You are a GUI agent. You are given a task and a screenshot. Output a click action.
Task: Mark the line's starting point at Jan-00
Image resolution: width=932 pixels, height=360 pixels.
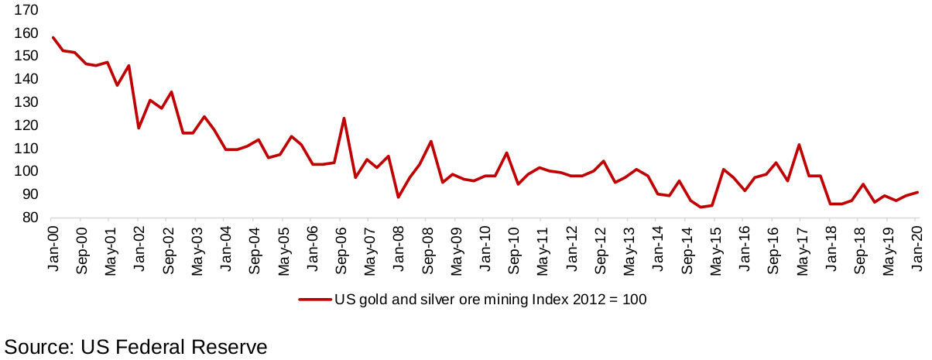[x=53, y=37]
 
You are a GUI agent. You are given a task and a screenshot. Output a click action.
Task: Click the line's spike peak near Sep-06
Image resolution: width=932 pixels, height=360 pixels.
[x=344, y=118]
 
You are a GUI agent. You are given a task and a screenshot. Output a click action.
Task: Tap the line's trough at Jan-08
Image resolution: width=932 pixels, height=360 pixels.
[x=398, y=197]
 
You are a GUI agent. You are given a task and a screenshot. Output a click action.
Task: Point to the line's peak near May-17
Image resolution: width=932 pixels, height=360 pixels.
[x=799, y=145]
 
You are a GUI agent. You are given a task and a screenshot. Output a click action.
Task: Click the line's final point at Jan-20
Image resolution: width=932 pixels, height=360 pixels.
[x=918, y=192]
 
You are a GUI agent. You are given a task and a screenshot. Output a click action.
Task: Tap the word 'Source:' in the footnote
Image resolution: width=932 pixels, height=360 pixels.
[x=39, y=346]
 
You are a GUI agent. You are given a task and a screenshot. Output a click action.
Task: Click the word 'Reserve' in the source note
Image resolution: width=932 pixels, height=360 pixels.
[x=228, y=346]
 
